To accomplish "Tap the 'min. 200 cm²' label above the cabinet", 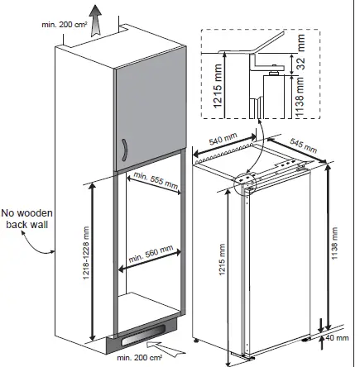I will (x=65, y=25).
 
